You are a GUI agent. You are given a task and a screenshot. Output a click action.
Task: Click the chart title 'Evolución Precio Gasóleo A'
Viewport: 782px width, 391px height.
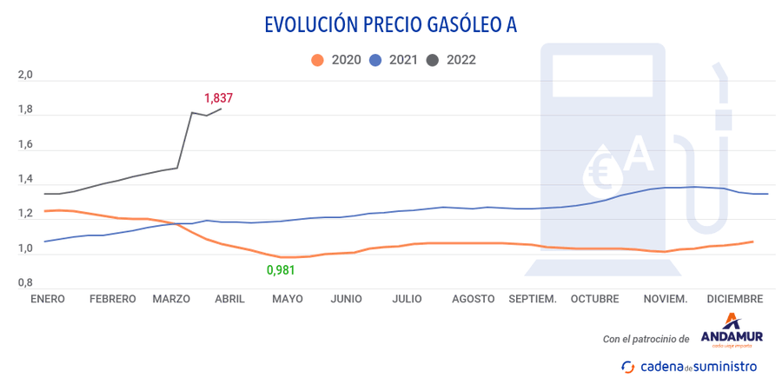click(390, 24)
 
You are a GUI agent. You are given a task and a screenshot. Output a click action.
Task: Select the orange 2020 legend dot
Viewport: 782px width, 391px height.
click(317, 60)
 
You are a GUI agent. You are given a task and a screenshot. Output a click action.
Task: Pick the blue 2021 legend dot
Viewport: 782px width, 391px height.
click(375, 60)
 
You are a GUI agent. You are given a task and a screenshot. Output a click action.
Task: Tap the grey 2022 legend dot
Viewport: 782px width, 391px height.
click(434, 60)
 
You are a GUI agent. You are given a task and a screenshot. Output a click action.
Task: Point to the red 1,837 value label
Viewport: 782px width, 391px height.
click(218, 98)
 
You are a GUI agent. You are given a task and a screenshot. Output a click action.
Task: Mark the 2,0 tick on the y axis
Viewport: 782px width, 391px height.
click(25, 76)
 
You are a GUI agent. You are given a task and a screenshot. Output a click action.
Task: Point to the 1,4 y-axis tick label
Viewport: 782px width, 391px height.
click(25, 181)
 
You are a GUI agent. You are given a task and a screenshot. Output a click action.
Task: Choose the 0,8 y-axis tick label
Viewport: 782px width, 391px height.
click(25, 284)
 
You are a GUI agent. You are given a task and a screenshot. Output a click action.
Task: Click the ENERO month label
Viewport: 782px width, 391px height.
click(48, 299)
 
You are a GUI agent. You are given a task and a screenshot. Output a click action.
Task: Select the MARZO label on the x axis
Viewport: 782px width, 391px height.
click(171, 299)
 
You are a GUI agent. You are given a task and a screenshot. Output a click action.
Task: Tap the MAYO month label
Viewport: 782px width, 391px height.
click(288, 299)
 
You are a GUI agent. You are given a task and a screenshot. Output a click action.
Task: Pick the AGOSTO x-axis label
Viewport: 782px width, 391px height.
click(474, 299)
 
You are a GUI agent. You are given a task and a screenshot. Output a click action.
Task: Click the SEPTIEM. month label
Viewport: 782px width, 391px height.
click(533, 299)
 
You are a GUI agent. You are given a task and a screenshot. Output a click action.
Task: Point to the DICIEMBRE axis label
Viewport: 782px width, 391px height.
click(734, 299)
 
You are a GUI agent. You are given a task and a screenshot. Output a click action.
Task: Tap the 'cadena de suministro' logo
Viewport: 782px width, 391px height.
click(688, 367)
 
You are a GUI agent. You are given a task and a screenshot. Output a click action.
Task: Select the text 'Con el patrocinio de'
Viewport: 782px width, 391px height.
click(646, 339)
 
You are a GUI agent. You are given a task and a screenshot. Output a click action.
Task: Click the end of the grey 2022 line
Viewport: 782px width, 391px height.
click(222, 109)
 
